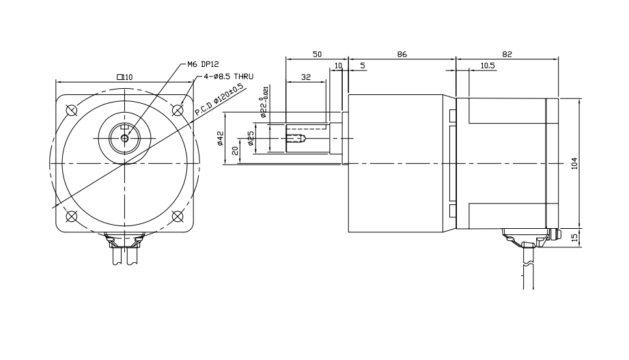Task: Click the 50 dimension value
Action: click(x=317, y=53)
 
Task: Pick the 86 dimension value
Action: click(x=402, y=53)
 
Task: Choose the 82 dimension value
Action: click(x=507, y=53)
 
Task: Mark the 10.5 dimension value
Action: click(x=488, y=66)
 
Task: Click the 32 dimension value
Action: click(x=305, y=77)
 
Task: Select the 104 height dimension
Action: click(x=574, y=163)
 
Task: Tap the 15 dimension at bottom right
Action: click(x=574, y=238)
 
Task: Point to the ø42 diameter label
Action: click(x=221, y=139)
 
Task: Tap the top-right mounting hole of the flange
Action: click(x=178, y=109)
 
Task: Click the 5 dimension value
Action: click(x=362, y=66)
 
